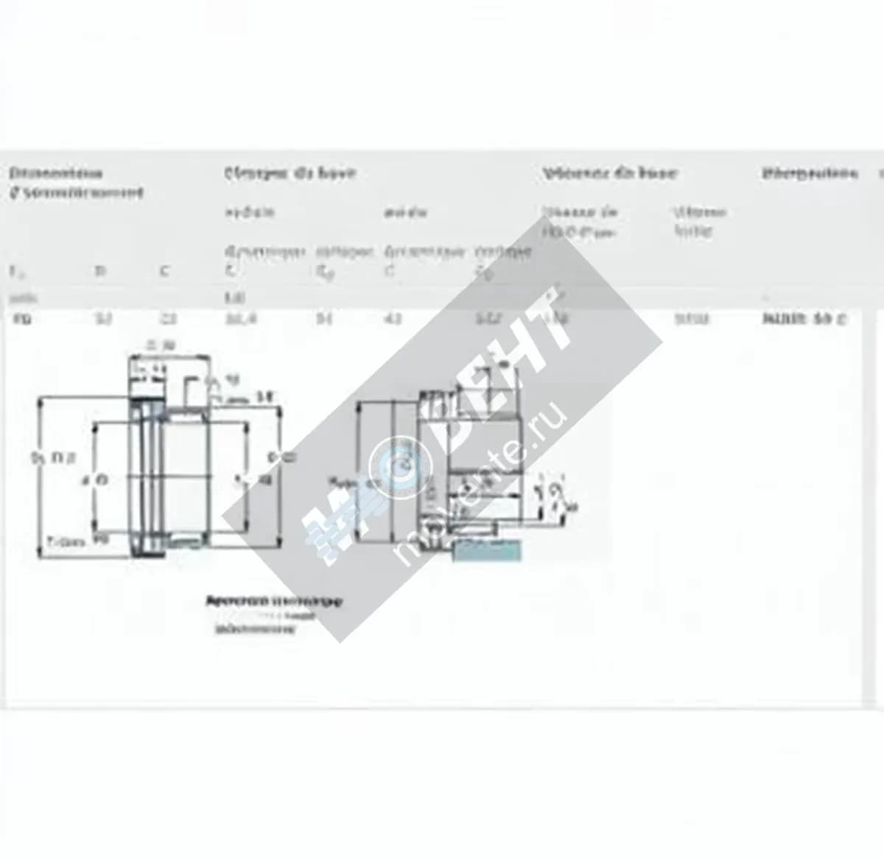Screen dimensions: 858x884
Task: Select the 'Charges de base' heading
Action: click(x=290, y=173)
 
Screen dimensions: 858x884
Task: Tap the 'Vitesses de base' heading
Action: click(x=609, y=173)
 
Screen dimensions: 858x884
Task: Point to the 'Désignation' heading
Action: click(x=810, y=173)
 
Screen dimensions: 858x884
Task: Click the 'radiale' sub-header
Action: click(x=249, y=212)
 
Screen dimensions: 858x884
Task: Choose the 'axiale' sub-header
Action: click(x=404, y=213)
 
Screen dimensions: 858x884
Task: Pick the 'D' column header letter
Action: click(x=101, y=271)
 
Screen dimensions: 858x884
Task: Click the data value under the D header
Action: click(x=102, y=319)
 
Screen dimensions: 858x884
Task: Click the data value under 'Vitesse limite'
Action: click(x=691, y=319)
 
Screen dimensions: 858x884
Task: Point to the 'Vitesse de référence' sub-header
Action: click(x=579, y=221)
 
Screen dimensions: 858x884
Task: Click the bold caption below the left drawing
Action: click(x=273, y=601)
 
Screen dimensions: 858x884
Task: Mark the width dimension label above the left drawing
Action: click(x=160, y=345)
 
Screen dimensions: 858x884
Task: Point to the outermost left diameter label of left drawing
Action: click(x=52, y=458)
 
